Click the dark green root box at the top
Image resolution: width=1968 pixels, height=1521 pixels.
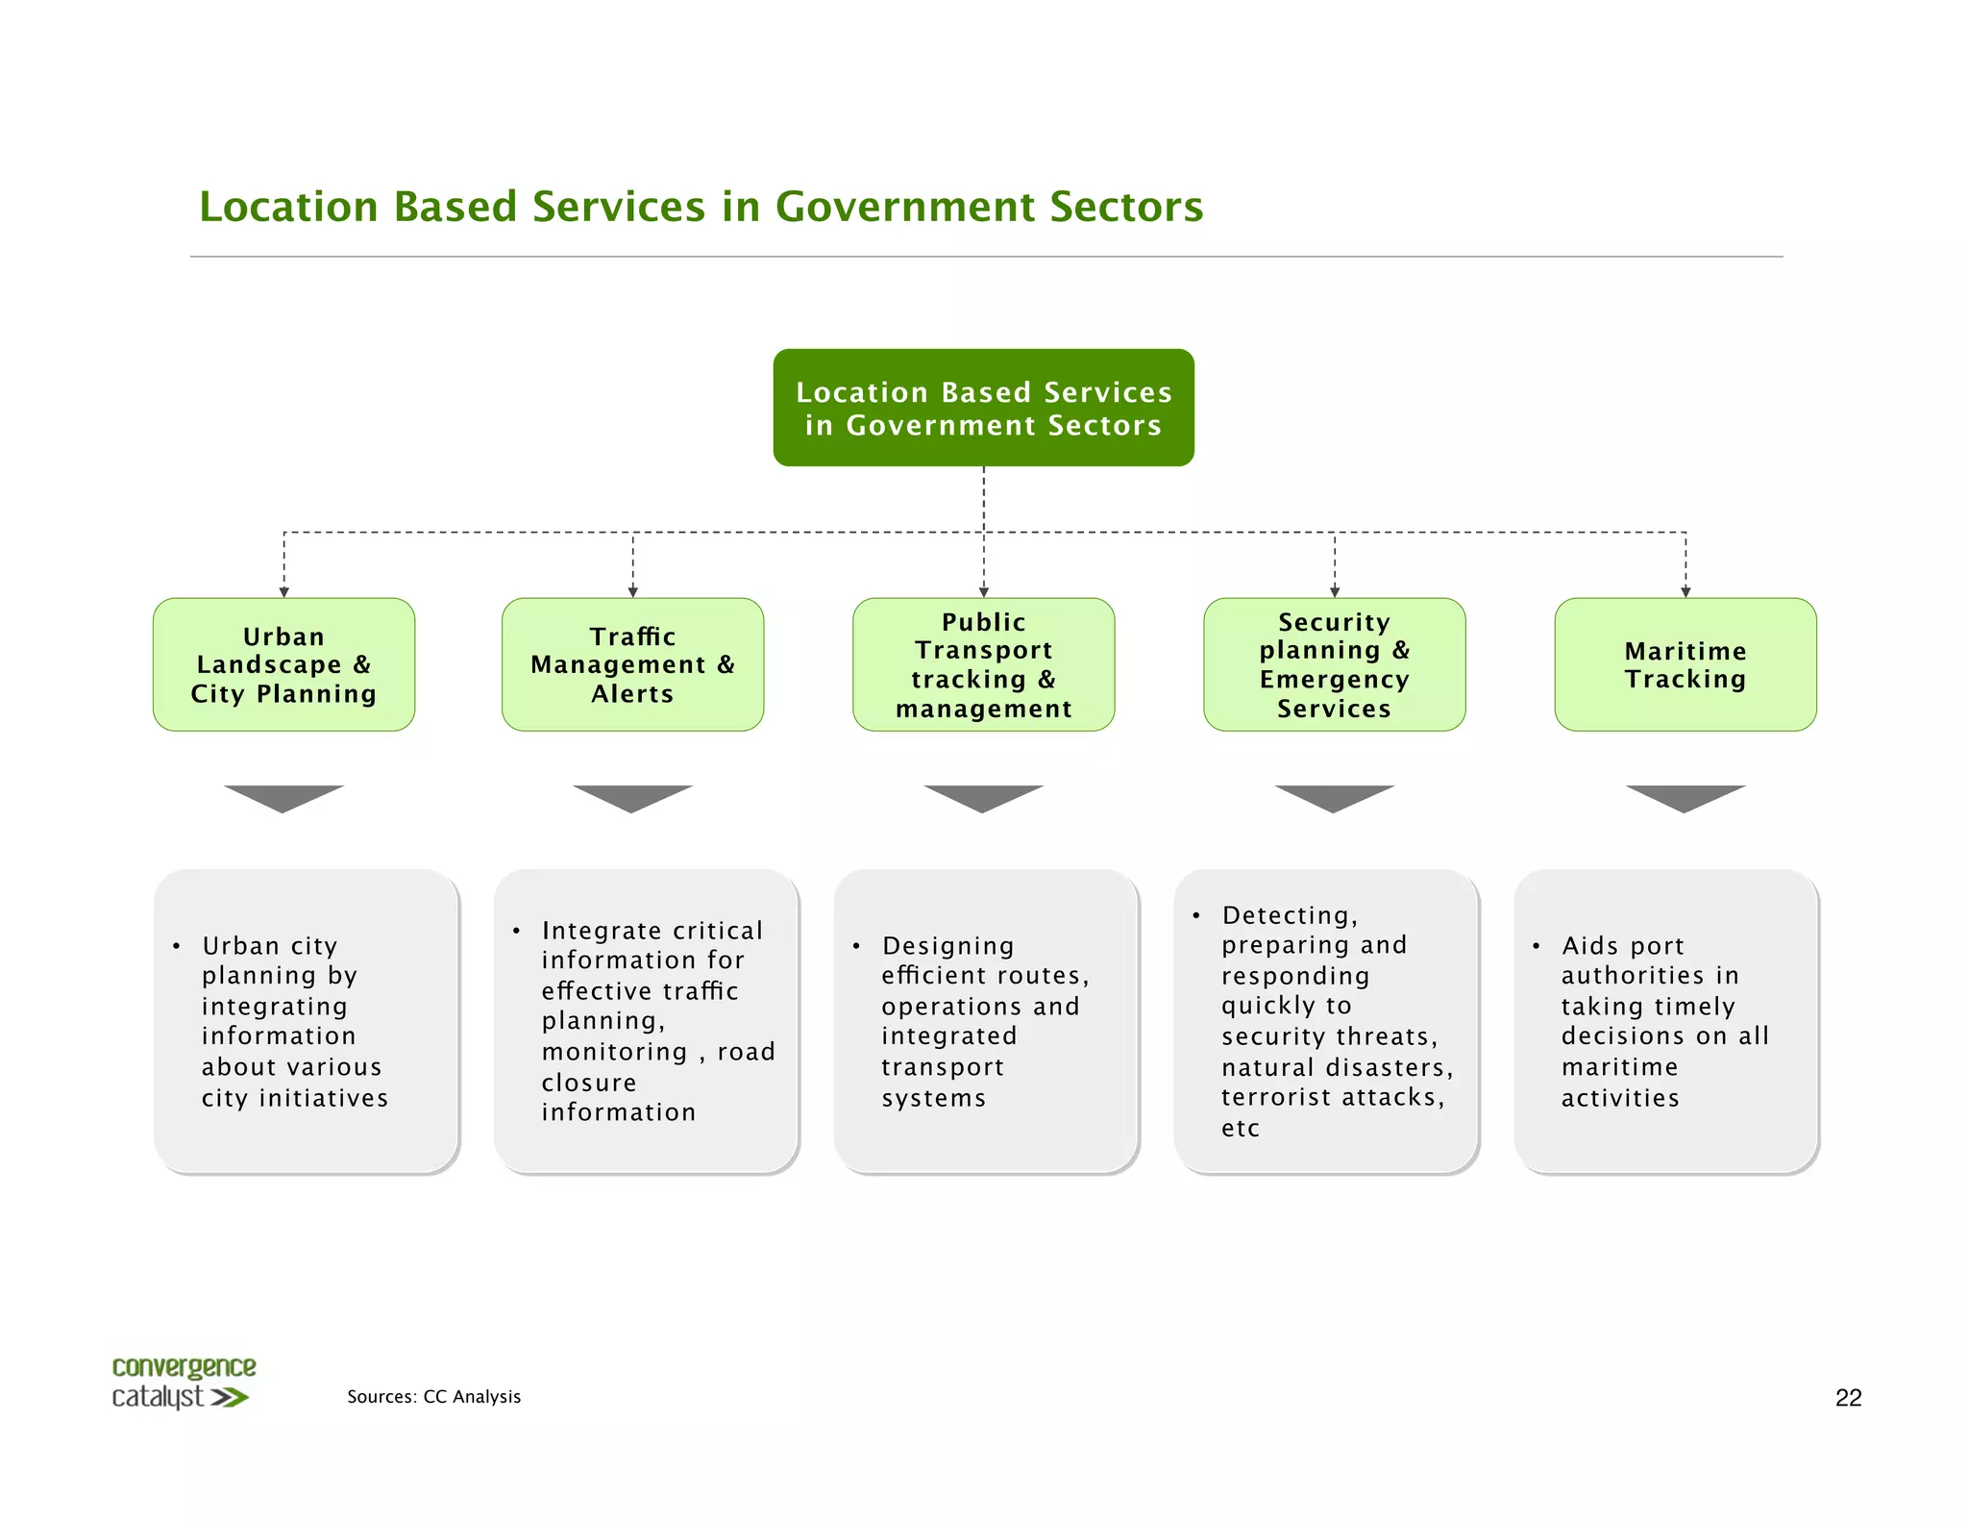click(x=983, y=408)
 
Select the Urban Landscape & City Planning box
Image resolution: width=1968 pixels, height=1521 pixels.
click(x=283, y=664)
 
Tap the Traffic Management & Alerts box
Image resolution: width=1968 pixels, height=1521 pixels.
click(x=632, y=664)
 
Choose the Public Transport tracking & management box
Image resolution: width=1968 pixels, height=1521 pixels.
click(x=983, y=664)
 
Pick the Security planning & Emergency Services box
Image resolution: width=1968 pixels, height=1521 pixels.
click(x=1334, y=664)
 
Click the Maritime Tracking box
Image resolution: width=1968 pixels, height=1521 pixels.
click(x=1685, y=664)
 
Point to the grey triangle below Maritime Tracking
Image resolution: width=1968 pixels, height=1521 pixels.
click(x=1685, y=797)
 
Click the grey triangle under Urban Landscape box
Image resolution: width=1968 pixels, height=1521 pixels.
click(x=283, y=797)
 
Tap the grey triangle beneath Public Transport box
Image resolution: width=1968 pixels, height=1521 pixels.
click(x=983, y=797)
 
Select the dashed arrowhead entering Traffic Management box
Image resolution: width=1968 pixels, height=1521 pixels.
click(x=632, y=592)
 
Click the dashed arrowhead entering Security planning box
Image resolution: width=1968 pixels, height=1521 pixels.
click(x=1334, y=592)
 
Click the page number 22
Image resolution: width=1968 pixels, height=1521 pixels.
click(x=1848, y=1398)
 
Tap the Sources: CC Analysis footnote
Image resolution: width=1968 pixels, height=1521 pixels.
click(x=433, y=1396)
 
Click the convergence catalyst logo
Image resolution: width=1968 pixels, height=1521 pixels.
click(x=183, y=1383)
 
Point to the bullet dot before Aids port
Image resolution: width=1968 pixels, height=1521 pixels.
click(x=1536, y=946)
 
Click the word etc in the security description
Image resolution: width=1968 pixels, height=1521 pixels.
click(x=1240, y=1129)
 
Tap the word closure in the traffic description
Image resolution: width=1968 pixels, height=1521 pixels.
click(x=588, y=1083)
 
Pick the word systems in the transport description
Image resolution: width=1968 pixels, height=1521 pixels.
click(x=933, y=1098)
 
